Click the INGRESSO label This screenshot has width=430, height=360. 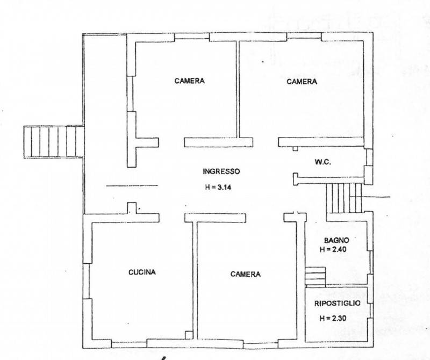click(x=221, y=171)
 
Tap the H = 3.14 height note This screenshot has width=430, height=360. click(x=218, y=188)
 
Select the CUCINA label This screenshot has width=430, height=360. click(x=142, y=272)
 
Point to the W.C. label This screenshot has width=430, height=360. click(x=323, y=162)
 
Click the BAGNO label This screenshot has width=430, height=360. click(x=337, y=241)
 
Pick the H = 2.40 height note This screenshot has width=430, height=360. click(x=333, y=249)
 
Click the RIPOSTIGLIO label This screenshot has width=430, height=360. click(x=338, y=303)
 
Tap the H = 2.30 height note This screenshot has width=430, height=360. click(x=333, y=318)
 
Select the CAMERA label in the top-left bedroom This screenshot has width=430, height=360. click(x=190, y=81)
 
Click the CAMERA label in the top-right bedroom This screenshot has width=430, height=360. click(x=302, y=82)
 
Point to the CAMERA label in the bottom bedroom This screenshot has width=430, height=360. click(x=246, y=274)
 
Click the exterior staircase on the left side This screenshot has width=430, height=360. click(x=54, y=142)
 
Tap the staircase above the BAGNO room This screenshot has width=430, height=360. click(x=344, y=198)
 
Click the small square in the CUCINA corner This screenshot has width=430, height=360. click(x=189, y=335)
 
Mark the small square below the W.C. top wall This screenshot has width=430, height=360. click(x=295, y=149)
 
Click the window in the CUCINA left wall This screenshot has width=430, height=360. click(x=87, y=281)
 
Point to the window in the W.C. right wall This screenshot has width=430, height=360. click(x=369, y=157)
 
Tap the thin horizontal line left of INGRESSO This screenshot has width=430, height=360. click(x=132, y=186)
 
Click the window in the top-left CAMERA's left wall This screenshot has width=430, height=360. click(x=130, y=94)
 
